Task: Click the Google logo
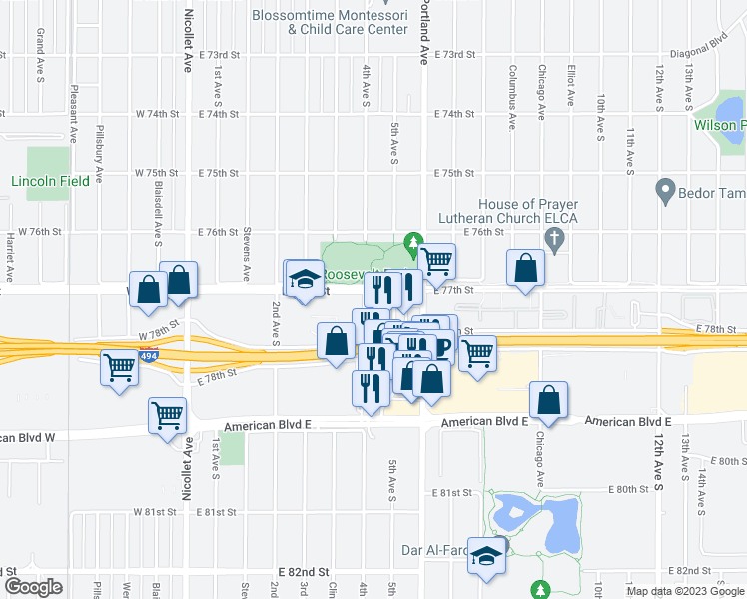tap(33, 588)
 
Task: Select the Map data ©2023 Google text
tap(685, 591)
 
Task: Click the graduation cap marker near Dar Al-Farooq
tap(486, 558)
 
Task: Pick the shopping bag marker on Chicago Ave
tap(549, 401)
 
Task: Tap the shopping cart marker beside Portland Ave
tap(436, 262)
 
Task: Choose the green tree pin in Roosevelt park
tap(411, 241)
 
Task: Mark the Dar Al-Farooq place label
tap(441, 548)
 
